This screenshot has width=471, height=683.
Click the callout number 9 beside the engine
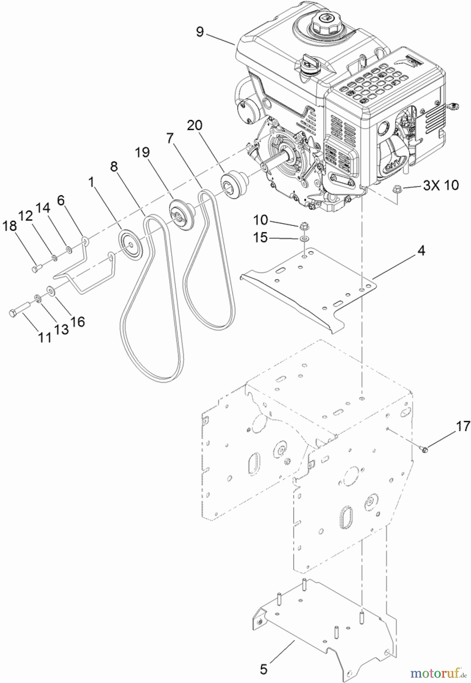coord(200,32)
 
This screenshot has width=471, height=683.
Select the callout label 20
coord(195,125)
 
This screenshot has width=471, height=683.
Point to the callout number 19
coord(142,153)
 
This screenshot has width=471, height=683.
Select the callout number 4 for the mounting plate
coord(421,250)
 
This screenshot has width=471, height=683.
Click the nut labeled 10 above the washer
coord(303,227)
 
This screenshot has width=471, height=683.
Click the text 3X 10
coord(441,185)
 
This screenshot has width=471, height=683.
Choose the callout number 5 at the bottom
coord(264,669)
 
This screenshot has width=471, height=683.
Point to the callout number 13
coord(61,329)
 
